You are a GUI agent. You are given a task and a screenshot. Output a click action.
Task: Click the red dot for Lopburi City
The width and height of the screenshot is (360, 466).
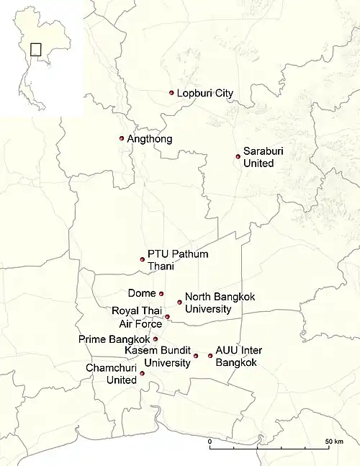[x=171, y=93]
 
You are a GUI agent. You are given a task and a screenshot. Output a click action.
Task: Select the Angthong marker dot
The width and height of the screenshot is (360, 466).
[x=122, y=138]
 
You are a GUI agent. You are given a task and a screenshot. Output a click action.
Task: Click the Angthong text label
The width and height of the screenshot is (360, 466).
[x=150, y=139]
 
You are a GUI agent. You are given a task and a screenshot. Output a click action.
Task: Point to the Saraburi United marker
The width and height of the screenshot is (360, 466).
[x=238, y=156]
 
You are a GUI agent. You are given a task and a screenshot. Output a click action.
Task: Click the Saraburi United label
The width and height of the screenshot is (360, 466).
[x=259, y=158]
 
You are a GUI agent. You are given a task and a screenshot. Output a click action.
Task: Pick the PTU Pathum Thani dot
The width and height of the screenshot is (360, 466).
[x=143, y=259]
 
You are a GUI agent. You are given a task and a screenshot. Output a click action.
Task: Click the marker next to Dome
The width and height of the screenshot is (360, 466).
[x=161, y=293]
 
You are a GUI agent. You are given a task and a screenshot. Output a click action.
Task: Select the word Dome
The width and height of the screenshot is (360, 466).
[x=141, y=293]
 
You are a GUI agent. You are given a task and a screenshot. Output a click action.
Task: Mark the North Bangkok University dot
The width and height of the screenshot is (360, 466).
[x=180, y=302]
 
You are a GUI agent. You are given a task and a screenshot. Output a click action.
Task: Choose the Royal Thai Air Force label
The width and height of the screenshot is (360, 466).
[x=138, y=317]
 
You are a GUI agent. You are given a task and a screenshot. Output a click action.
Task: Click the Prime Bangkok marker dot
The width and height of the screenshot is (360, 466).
[x=156, y=339]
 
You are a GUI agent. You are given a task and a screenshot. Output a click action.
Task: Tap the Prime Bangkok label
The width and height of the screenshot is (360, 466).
[x=115, y=339]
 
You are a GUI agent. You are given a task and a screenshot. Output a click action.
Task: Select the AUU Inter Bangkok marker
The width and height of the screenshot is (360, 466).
[x=210, y=355]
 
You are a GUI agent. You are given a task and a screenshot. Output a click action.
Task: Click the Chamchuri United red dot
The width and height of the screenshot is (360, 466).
[x=143, y=373]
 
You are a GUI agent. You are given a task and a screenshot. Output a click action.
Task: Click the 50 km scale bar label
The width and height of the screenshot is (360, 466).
[x=333, y=441]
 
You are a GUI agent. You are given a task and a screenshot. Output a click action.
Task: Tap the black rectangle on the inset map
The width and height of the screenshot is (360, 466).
[x=36, y=50]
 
